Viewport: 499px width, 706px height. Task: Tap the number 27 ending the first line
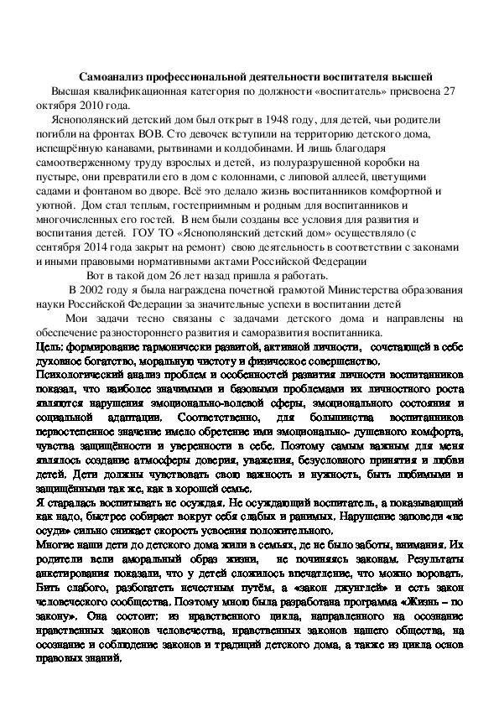(x=455, y=91)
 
